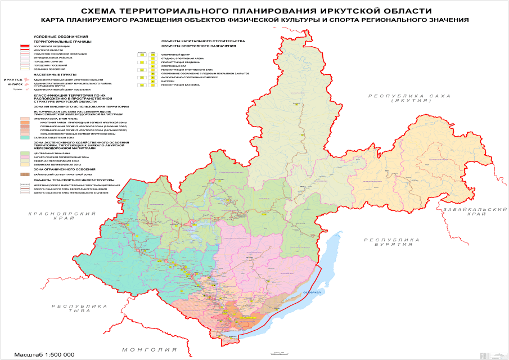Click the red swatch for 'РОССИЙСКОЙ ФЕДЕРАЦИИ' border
[x=25, y=46]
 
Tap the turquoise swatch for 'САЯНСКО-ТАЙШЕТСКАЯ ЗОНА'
[x=25, y=137]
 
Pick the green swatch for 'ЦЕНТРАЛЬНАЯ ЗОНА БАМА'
[x=25, y=152]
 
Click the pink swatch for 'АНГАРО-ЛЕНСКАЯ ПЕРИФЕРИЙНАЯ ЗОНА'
[x=25, y=156]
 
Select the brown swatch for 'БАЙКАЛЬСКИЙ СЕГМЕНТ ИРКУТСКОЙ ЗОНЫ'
[x=25, y=175]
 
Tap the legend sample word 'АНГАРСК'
[x=15, y=84]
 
